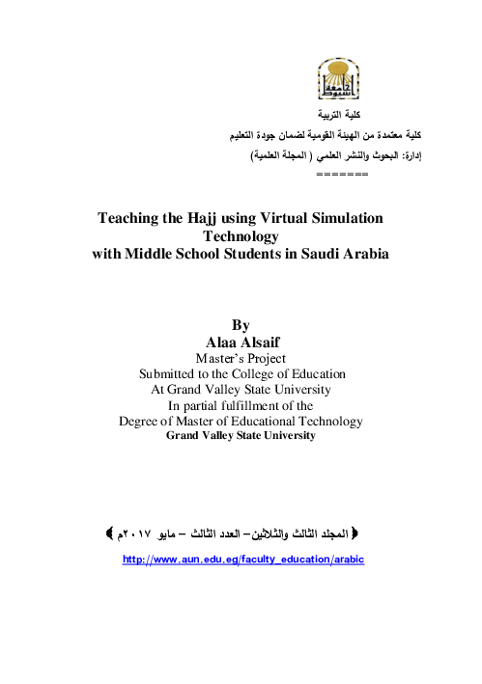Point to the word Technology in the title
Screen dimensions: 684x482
tap(241, 235)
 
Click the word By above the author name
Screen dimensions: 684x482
tap(241, 326)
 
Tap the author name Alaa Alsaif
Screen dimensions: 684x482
tap(241, 342)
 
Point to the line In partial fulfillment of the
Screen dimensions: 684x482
tap(241, 406)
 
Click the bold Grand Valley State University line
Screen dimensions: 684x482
tap(241, 436)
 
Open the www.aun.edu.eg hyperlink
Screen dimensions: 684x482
tap(241, 560)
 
